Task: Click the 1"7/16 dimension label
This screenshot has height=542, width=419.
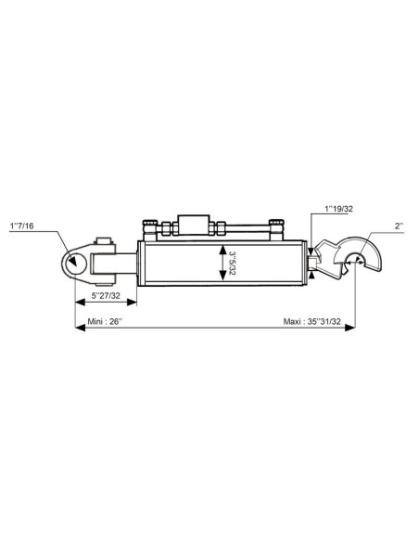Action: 22,226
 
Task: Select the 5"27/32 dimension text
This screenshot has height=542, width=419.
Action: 106,296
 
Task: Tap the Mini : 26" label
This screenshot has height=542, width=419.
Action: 105,321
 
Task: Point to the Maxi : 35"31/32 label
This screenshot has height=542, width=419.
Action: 312,321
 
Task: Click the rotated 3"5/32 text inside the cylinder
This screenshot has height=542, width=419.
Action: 232,263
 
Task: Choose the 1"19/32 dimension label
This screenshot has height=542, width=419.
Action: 339,209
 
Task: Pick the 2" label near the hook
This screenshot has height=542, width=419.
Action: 399,226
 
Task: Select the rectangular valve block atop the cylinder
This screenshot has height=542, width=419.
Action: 194,225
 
